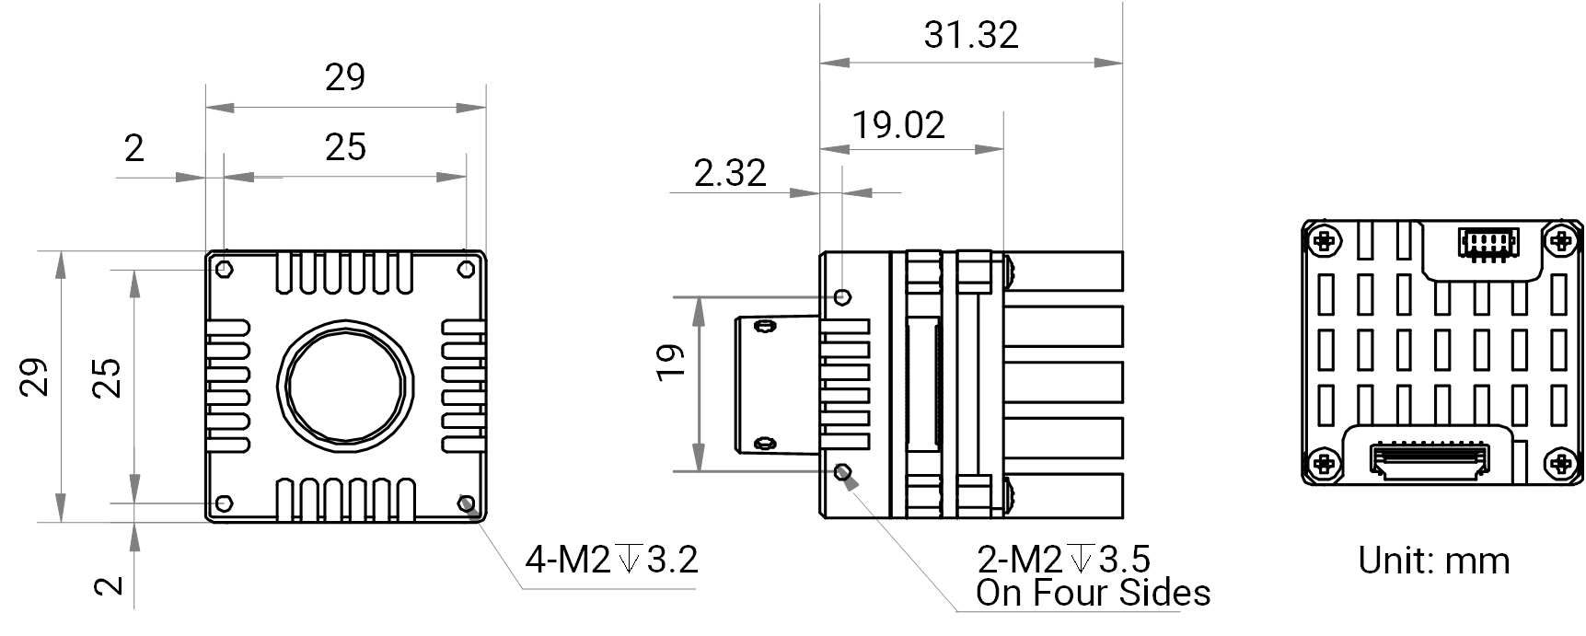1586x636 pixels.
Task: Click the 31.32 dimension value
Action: point(971,35)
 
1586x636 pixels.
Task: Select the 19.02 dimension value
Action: point(898,125)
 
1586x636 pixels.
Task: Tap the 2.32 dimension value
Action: point(730,173)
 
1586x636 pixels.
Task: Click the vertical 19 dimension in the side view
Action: point(672,361)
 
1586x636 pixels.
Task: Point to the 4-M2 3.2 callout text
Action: point(611,559)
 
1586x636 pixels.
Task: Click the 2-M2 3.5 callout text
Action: point(1063,559)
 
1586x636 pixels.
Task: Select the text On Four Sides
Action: point(1094,593)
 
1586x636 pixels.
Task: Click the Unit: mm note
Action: point(1434,561)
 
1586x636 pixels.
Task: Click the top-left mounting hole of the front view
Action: point(224,269)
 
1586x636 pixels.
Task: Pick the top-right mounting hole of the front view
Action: point(467,269)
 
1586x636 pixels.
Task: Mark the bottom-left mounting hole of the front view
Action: point(224,503)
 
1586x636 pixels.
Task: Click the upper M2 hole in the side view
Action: point(842,297)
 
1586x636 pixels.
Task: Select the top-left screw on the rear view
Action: point(1325,242)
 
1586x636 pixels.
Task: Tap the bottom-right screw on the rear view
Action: point(1561,463)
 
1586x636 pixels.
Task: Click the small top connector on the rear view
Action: point(1487,243)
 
